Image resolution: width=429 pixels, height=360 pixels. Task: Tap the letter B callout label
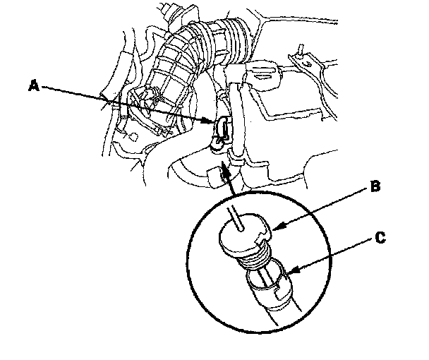click(x=377, y=186)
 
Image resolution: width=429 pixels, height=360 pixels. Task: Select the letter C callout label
click(x=380, y=239)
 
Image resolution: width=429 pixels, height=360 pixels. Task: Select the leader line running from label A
click(x=127, y=104)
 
